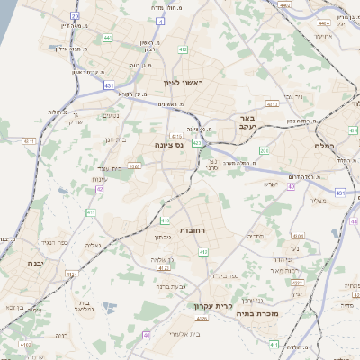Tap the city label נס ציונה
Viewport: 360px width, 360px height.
coord(168,145)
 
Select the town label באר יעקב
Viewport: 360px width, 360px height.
coord(242,123)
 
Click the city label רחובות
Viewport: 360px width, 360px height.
coord(193,230)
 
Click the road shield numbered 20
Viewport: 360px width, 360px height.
coord(75,17)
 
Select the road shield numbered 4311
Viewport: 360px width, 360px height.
coord(30,141)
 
